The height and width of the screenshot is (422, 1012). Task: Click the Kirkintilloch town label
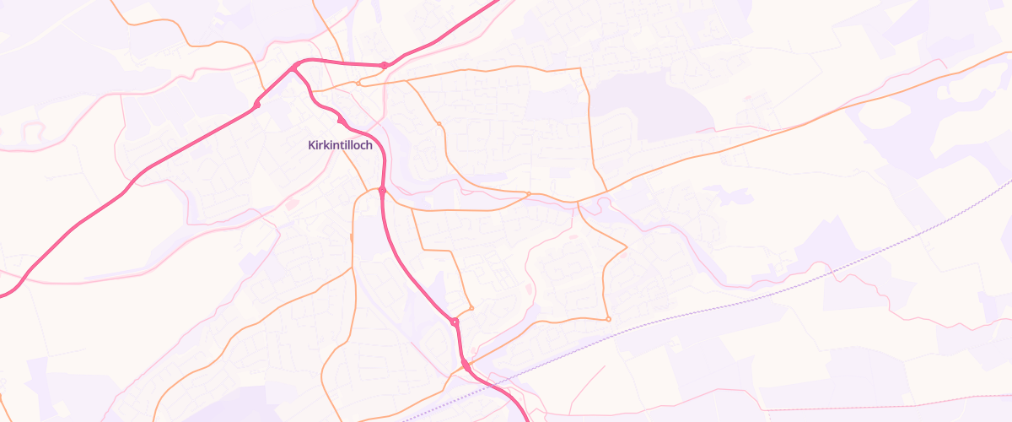tap(340, 145)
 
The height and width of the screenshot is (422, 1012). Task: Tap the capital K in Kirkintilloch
tap(310, 145)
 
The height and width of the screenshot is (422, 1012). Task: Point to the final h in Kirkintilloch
tap(369, 145)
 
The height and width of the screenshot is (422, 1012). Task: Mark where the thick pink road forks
tap(297, 66)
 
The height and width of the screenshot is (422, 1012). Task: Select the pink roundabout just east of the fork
tap(384, 65)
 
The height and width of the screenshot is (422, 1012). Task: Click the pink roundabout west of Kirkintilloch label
tap(256, 105)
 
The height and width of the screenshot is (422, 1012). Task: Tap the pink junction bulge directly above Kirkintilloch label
tap(340, 121)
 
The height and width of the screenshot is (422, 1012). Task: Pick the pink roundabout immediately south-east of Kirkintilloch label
tap(382, 191)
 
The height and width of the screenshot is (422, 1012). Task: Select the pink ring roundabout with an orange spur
tap(455, 322)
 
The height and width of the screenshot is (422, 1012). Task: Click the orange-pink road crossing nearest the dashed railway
tap(465, 365)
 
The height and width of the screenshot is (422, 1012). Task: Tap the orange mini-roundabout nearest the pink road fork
tap(358, 83)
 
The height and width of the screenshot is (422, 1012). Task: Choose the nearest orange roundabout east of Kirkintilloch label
tap(439, 124)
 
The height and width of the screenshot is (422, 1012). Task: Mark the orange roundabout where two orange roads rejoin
tap(529, 194)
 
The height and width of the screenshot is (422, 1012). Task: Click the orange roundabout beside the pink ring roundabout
tap(471, 308)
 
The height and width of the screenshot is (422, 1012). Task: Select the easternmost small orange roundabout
tap(608, 319)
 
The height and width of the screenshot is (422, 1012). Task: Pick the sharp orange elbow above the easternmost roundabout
tap(627, 246)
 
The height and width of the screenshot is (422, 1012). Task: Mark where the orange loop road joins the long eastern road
tap(577, 203)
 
